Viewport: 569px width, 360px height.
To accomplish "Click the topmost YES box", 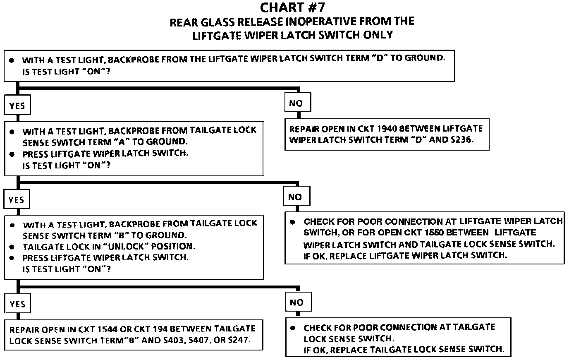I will click(17, 106).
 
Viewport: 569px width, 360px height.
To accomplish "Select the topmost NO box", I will click(296, 103).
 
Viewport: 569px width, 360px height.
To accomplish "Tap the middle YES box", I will click(17, 200).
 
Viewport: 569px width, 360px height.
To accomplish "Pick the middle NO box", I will click(295, 197).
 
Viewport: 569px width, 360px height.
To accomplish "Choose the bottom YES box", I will click(18, 304).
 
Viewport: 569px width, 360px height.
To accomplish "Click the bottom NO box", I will click(296, 302).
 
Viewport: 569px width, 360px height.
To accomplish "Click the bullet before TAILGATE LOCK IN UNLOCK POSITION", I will click(12, 247).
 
